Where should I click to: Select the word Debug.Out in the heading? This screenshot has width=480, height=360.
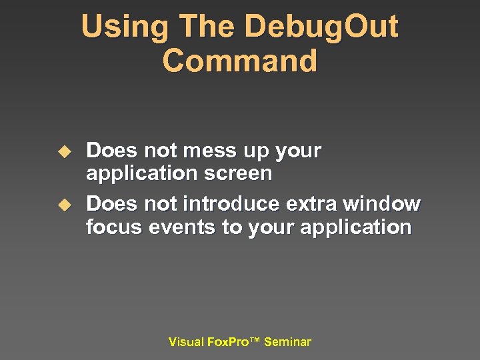pos(321,27)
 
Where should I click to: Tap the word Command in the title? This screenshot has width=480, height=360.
pos(239,61)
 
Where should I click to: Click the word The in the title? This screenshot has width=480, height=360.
pos(201,27)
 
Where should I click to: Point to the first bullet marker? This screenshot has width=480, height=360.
pos(63,151)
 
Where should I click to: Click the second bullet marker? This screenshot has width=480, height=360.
pos(63,204)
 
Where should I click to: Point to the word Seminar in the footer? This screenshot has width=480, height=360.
pos(287,342)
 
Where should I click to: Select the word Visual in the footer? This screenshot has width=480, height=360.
pos(186,342)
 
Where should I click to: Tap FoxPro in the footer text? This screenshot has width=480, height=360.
pos(227,342)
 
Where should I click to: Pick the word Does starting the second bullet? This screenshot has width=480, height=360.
pos(109,203)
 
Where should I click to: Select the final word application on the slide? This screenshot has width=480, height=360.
pos(356,228)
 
